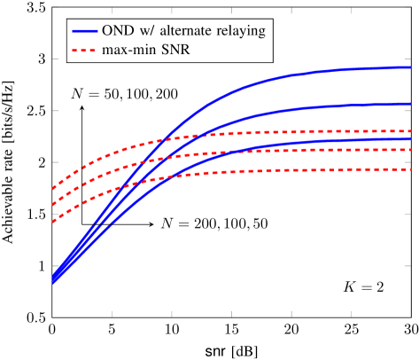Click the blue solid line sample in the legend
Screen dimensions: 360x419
coord(84,30)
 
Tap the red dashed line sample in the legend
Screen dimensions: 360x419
coord(84,51)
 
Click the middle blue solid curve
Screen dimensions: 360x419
coord(292,111)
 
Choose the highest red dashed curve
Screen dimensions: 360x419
coord(292,132)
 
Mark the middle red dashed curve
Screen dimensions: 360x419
coord(292,151)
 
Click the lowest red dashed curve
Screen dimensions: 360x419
coord(292,170)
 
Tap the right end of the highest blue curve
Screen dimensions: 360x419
coord(410,67)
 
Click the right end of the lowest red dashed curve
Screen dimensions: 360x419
coord(410,168)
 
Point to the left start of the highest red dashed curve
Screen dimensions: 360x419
coord(53,189)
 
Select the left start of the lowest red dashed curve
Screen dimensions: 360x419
coord(53,222)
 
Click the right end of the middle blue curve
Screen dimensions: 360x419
coord(410,104)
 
